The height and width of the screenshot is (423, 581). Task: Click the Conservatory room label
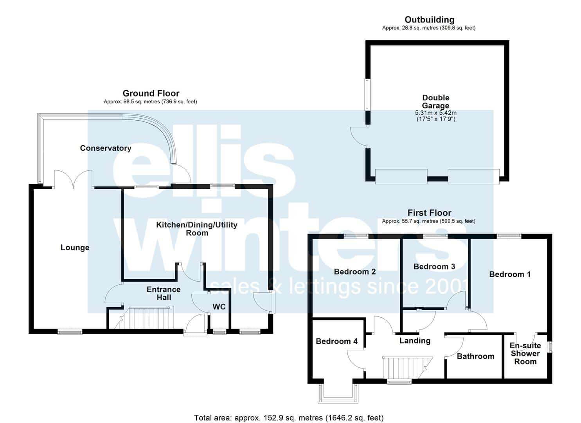106,148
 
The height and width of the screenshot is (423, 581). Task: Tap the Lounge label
75,248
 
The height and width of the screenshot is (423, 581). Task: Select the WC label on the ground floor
219,307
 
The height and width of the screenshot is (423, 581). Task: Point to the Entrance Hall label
164,293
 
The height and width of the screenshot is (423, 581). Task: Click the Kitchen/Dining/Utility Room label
197,229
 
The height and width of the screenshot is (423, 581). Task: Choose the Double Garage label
436,101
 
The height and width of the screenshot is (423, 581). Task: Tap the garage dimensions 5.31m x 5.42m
436,113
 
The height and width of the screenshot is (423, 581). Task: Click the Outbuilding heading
430,20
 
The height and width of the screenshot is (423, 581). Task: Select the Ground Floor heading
151,93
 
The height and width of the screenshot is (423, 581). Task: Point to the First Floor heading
430,213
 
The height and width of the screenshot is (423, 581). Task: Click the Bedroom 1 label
510,275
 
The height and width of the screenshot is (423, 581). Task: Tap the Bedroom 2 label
355,272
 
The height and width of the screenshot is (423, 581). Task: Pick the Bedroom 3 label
434,267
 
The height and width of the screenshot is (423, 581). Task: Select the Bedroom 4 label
337,341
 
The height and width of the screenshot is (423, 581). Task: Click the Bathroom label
476,356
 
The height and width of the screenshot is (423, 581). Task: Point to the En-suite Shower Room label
525,354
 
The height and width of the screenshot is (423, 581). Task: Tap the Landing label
415,341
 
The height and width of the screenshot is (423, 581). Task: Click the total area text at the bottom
289,410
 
